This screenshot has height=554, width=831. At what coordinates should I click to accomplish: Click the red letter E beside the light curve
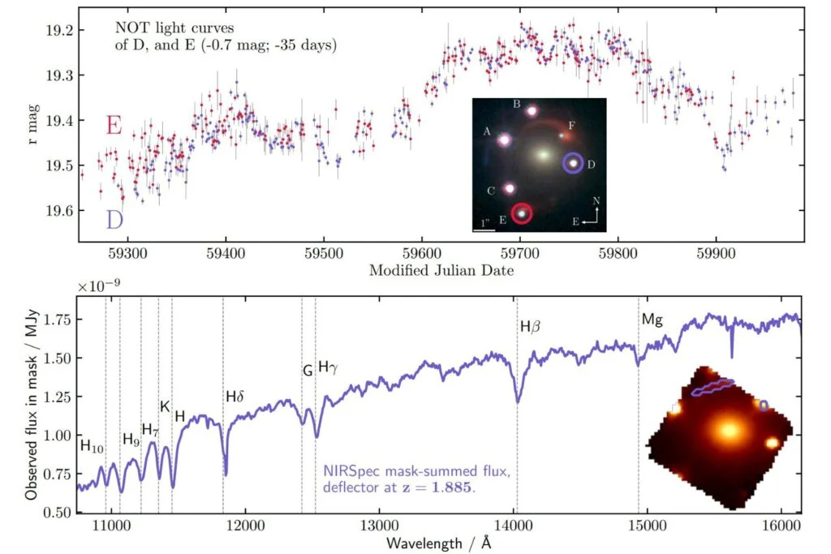pos(114,126)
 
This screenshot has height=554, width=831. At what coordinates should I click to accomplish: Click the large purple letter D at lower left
pos(114,219)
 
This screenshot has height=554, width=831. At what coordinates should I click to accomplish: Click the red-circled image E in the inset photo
pos(522,213)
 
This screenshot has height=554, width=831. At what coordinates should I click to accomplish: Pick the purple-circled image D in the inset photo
pos(574,163)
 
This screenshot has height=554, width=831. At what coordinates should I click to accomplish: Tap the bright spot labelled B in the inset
pos(532,110)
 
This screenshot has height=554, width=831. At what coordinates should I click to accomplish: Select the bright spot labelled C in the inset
pos(510,188)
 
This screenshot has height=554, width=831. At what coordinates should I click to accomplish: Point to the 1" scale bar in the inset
pos(483,230)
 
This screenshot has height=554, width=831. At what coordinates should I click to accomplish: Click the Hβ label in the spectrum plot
pos(529,327)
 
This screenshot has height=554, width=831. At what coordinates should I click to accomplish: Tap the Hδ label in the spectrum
pos(235,397)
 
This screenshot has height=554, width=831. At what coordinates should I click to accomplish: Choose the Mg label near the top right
pos(652,320)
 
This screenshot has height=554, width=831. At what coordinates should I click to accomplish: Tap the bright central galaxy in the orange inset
pos(728,430)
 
